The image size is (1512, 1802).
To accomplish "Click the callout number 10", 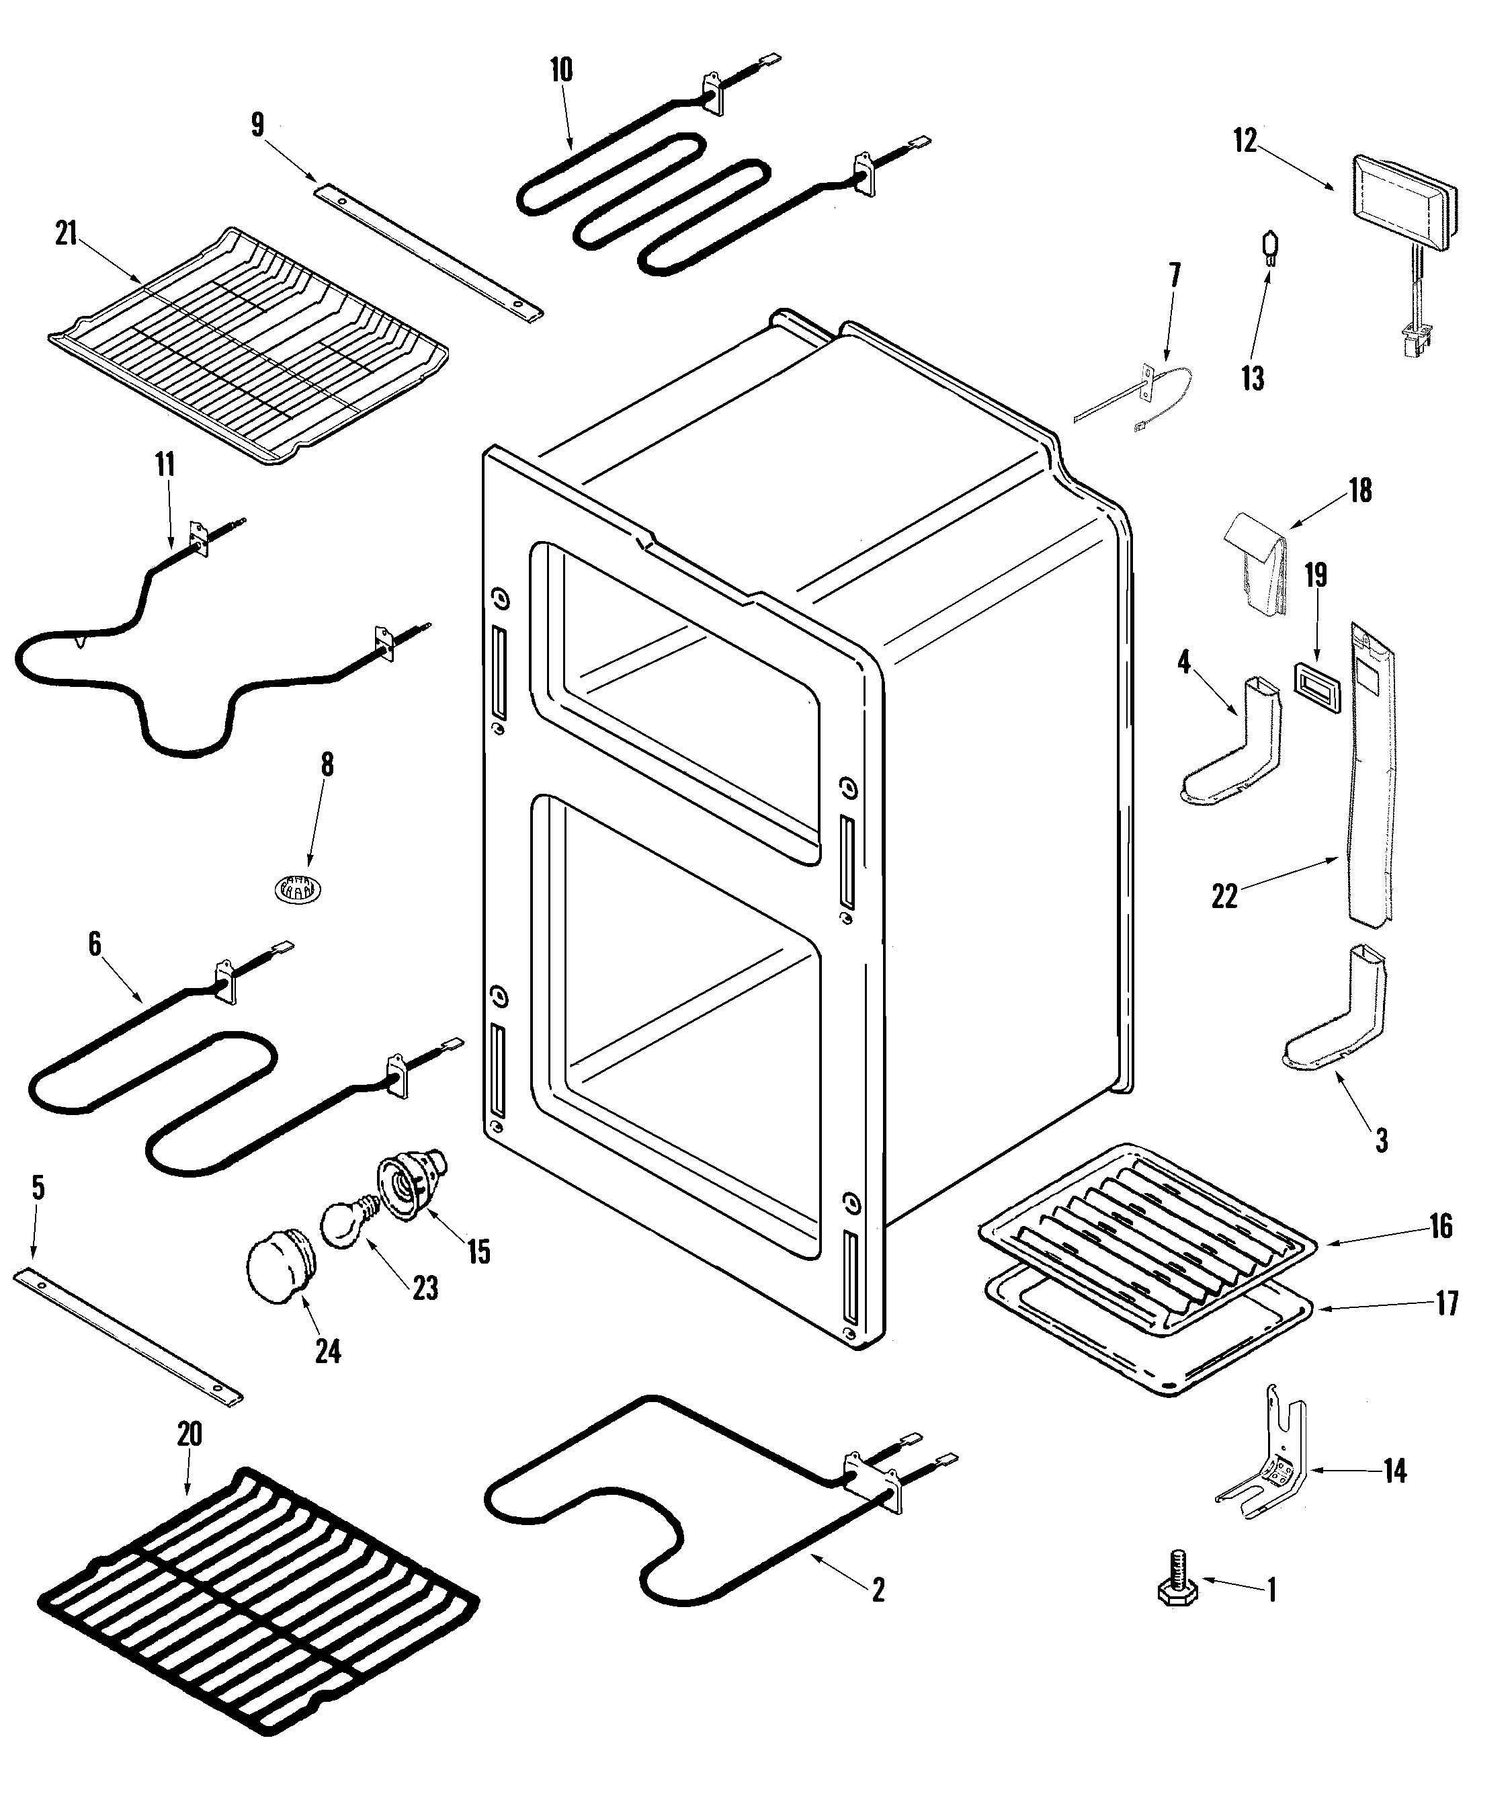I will coord(561,71).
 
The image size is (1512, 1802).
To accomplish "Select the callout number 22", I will coord(1224,897).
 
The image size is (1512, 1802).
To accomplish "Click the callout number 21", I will coord(66,235).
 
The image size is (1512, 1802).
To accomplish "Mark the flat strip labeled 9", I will coord(427,255).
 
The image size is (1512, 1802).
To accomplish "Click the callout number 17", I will coord(1447,1305).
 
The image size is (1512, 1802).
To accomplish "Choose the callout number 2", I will coord(877,1590).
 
